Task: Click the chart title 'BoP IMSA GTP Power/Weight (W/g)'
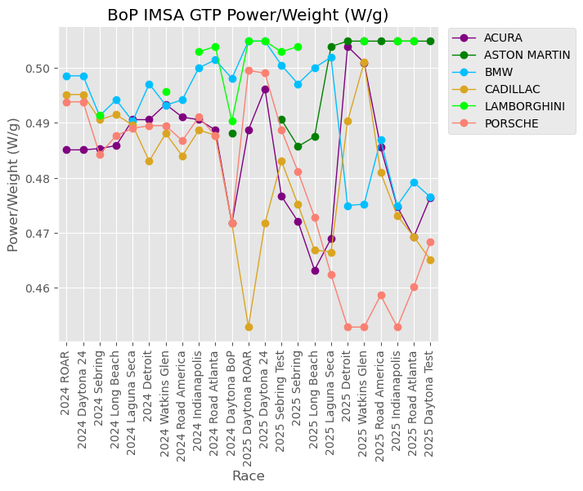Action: pos(248,15)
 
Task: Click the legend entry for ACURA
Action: pos(503,38)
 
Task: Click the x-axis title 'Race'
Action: pos(248,475)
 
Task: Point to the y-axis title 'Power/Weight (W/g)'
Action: pos(14,184)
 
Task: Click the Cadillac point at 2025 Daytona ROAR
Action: pos(249,327)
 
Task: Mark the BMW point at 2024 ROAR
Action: pos(67,76)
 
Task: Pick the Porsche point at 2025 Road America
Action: pos(381,295)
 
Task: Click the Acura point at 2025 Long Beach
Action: pos(315,270)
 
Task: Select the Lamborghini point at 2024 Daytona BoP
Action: pos(232,121)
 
